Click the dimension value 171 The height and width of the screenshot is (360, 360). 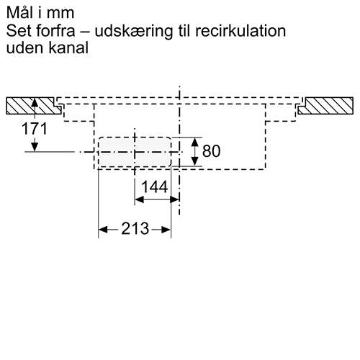[x=35, y=129]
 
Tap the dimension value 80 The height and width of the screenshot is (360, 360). [x=211, y=151]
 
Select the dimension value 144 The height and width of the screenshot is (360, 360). [x=155, y=187]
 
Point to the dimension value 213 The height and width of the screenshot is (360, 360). [x=135, y=228]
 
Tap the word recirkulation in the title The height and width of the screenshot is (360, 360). [x=240, y=31]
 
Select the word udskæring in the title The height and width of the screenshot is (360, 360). [x=134, y=32]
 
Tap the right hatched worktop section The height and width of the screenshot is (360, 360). [x=326, y=106]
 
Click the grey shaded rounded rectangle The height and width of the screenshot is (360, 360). [x=135, y=152]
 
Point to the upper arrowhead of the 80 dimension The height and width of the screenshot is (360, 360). [x=194, y=142]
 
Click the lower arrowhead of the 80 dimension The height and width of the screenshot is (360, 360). [x=194, y=161]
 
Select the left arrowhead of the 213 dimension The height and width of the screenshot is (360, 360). [x=103, y=230]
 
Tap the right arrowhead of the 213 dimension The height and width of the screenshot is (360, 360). [x=166, y=230]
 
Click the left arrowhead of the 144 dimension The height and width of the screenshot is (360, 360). [x=139, y=199]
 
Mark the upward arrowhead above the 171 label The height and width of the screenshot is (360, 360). [x=35, y=102]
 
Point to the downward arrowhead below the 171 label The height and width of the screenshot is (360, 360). [x=35, y=147]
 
